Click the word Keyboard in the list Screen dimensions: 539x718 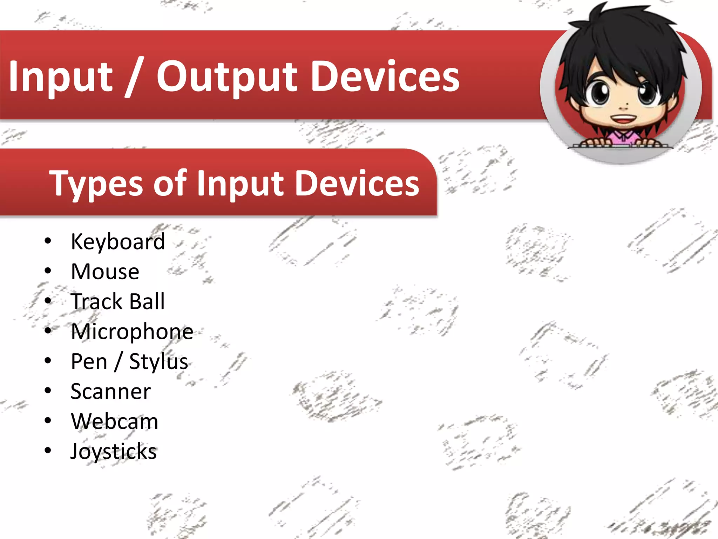[118, 242]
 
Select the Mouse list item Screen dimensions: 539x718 [105, 272]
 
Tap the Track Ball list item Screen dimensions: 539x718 [118, 301]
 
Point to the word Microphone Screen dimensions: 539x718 [132, 332]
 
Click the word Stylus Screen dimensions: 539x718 [158, 362]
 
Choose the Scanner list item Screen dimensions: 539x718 [110, 392]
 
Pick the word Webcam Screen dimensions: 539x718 [115, 421]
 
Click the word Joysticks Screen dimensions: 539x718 [114, 452]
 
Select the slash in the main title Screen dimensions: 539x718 [134, 78]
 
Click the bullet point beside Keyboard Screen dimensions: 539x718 [48, 241]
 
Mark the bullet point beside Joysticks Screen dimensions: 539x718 [48, 451]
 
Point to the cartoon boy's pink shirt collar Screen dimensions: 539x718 [623, 135]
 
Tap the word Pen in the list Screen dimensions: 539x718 [89, 362]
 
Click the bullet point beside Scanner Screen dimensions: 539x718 [48, 391]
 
